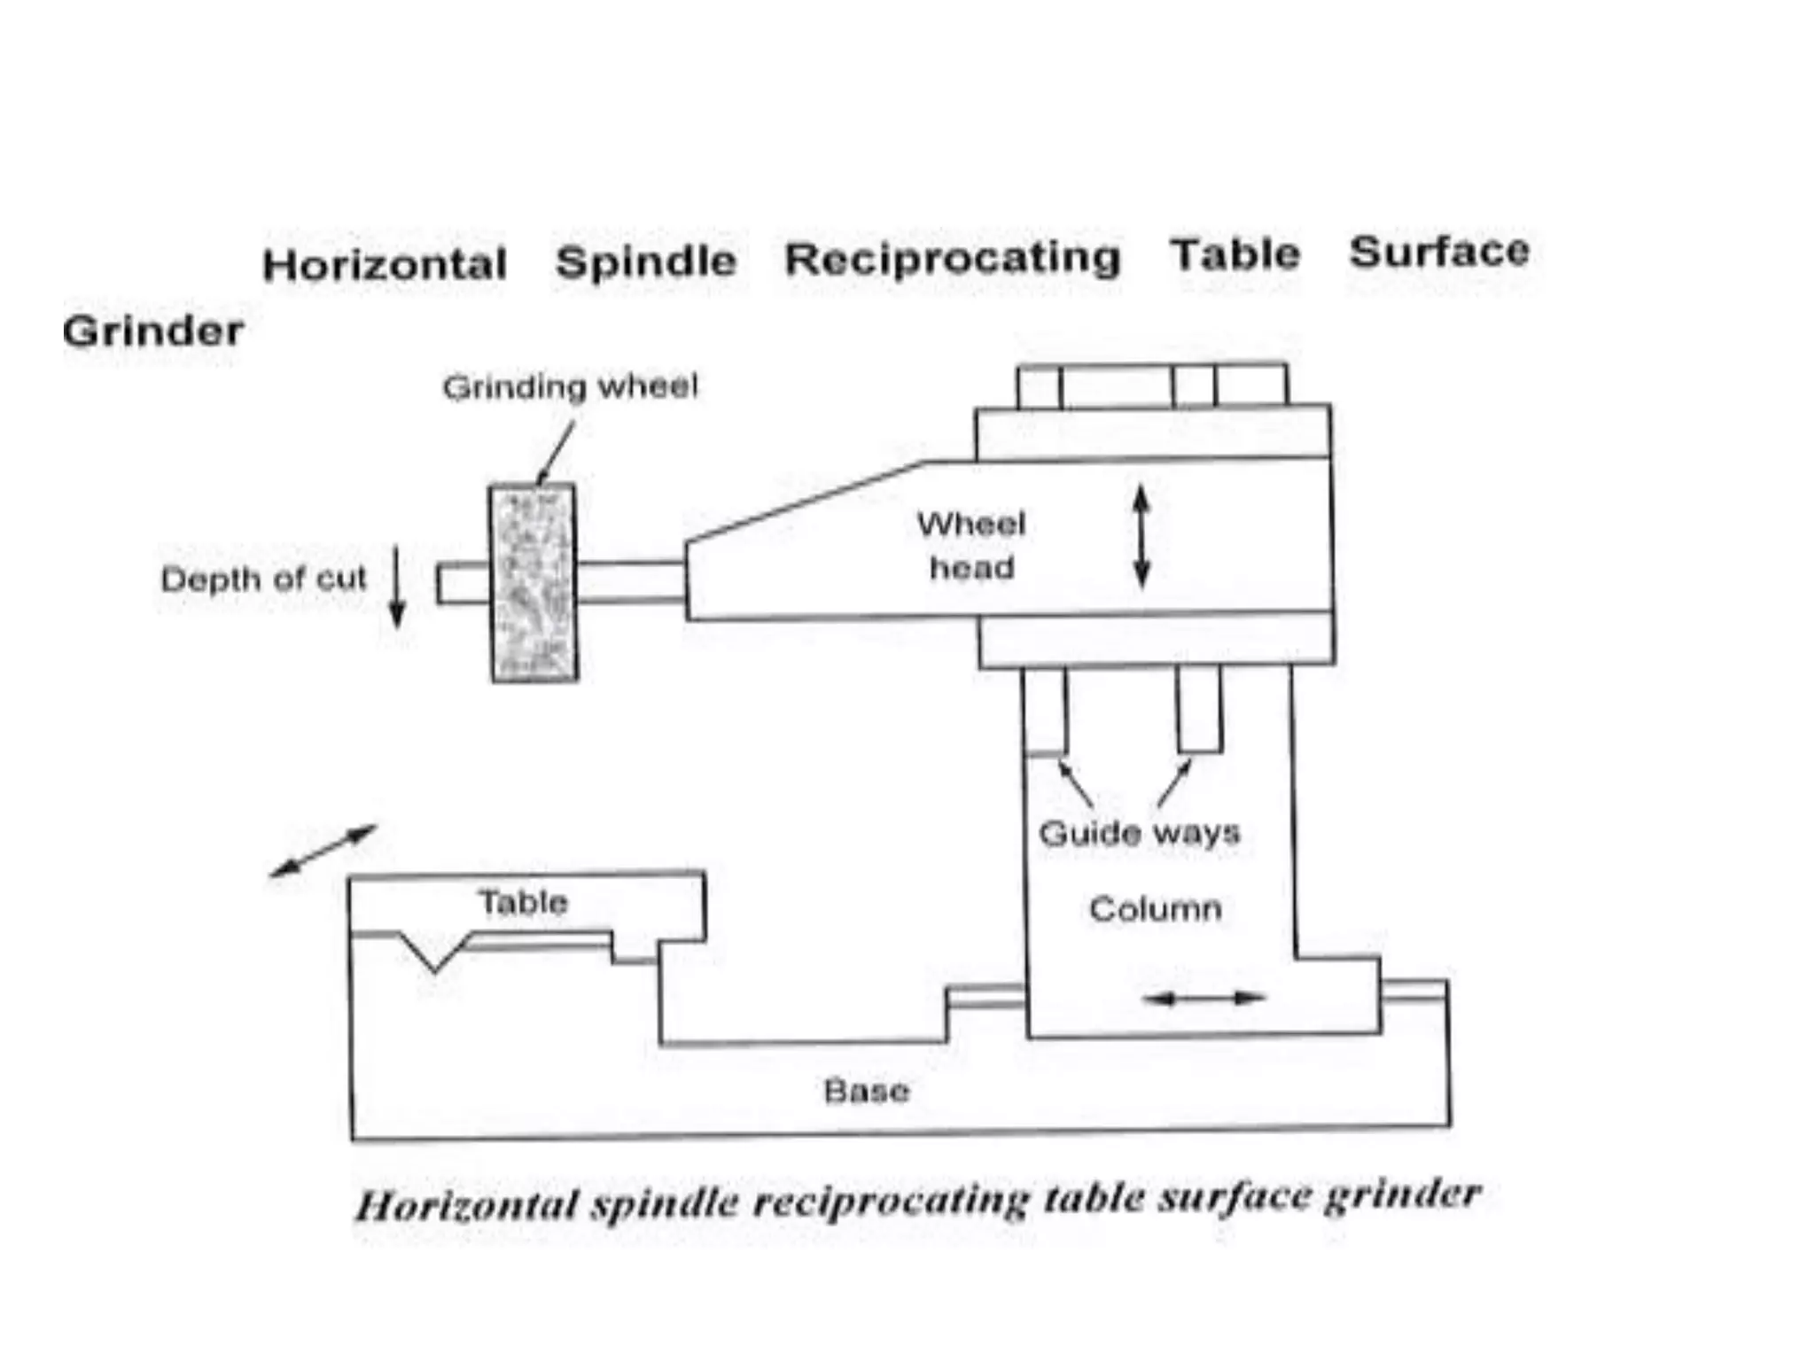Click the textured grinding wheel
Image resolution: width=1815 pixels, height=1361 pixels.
pos(534,582)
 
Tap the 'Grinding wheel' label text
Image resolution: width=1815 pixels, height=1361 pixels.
pos(570,387)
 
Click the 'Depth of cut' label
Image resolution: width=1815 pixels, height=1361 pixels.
pos(263,579)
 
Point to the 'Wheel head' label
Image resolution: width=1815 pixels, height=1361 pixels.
pos(971,546)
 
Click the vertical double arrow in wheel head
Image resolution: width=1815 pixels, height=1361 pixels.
pos(1141,537)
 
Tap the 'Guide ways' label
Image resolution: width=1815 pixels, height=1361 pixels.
pos(1139,833)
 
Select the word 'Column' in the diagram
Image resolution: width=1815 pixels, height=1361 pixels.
pos(1155,909)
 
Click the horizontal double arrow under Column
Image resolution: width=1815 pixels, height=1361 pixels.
pos(1204,999)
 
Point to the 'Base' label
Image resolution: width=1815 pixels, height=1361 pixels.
pos(866,1091)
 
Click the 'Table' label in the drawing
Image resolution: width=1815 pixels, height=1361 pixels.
pos(523,903)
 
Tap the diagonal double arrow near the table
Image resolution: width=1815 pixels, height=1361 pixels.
pos(323,851)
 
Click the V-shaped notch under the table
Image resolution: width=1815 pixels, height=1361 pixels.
pos(434,955)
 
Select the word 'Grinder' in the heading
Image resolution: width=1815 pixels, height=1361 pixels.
pos(152,331)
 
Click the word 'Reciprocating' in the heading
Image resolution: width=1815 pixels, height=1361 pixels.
pos(953,259)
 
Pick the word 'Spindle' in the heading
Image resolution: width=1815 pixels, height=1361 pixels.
pos(646,262)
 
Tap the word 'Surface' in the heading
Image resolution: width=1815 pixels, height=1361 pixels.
pos(1439,252)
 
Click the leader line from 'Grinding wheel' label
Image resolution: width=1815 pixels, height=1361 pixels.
pos(556,452)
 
